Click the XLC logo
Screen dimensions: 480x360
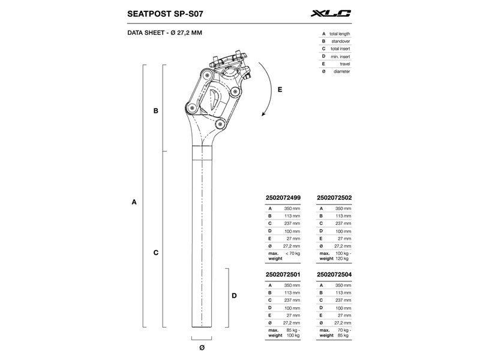[x=331, y=13]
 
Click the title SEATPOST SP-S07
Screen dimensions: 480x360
[x=165, y=14]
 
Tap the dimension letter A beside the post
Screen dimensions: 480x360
[x=134, y=202]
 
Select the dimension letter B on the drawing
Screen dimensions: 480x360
[x=156, y=111]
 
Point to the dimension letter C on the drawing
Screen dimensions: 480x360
[x=156, y=253]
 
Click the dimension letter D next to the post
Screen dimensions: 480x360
[x=234, y=296]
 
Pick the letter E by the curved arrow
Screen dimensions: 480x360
[x=280, y=89]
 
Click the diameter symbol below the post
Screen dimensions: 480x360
[x=202, y=347]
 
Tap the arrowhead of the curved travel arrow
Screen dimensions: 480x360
[x=263, y=114]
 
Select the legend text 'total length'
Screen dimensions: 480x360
[x=340, y=34]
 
